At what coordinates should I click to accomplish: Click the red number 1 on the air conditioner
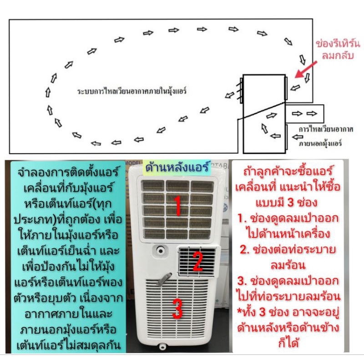click(x=177, y=206)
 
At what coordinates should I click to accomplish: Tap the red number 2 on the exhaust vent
click(x=198, y=262)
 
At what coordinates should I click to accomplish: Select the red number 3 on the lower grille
click(x=177, y=308)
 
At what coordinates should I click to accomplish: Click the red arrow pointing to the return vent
click(x=305, y=70)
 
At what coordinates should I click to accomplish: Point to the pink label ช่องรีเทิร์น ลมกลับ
click(x=338, y=50)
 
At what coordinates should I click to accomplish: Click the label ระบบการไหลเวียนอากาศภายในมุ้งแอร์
click(x=132, y=91)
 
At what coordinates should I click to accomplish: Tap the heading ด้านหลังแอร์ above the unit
click(x=177, y=167)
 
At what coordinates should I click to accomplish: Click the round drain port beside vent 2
click(x=161, y=251)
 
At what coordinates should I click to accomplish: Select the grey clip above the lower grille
click(x=164, y=279)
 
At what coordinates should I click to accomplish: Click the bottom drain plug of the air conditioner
click(x=163, y=346)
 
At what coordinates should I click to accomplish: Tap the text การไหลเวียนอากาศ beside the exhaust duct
click(x=326, y=129)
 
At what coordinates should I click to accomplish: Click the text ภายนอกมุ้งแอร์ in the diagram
click(x=320, y=143)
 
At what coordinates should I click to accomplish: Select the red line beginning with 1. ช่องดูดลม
click(x=288, y=218)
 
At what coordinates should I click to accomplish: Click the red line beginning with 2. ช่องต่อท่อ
click(x=288, y=250)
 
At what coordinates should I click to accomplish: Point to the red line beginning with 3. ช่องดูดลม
click(x=288, y=281)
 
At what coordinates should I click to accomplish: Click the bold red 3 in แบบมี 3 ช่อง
click(x=291, y=202)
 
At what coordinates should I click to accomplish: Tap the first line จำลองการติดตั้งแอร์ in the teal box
click(x=68, y=172)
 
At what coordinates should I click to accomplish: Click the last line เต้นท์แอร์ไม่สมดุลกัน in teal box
click(x=69, y=345)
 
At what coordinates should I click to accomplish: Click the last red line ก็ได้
click(x=288, y=343)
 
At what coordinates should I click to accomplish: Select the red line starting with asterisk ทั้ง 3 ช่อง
click(x=288, y=312)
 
